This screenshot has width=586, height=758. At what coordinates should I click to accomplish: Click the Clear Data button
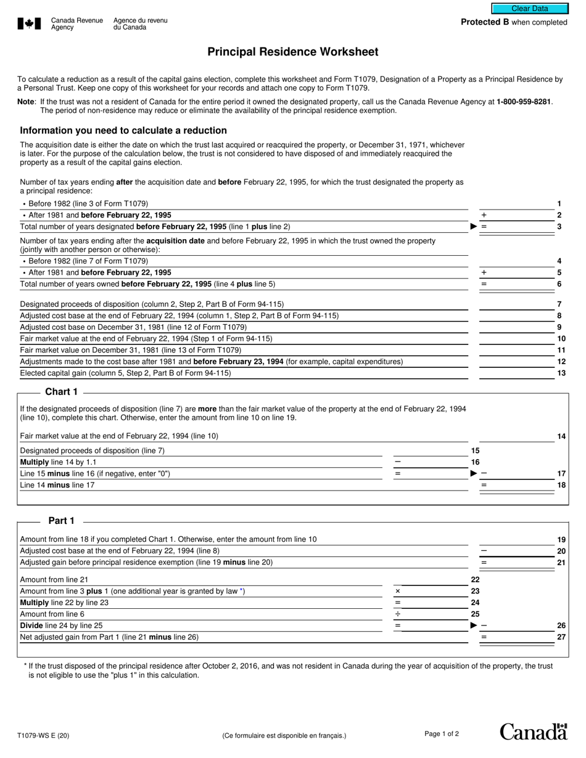point(529,9)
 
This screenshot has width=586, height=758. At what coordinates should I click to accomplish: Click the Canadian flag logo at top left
point(29,23)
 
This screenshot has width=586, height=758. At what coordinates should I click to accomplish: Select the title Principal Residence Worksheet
point(292,52)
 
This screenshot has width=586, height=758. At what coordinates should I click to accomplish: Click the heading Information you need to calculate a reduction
point(123,131)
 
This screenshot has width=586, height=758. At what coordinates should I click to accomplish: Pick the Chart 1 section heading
point(62,392)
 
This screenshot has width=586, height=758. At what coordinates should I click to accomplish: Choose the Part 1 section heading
point(62,521)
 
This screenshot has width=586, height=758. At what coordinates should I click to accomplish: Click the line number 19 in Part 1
point(561,539)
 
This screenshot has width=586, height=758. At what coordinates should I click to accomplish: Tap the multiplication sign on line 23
point(397,591)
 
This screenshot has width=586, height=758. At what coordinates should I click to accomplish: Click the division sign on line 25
point(397,614)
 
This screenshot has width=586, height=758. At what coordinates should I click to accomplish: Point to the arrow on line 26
point(473,626)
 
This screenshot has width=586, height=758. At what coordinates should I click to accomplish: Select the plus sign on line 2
point(484,215)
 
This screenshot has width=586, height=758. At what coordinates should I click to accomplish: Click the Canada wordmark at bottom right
point(533,732)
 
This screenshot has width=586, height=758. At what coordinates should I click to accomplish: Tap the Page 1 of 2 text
point(441,733)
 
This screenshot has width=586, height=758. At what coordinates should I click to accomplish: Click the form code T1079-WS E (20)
point(43,735)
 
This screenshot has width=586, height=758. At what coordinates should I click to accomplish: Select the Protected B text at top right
point(514,22)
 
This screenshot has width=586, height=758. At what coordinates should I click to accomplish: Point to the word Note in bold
point(26,102)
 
